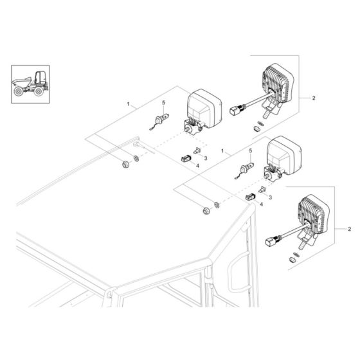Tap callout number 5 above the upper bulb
click(x=164, y=103)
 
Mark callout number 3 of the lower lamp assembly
click(x=269, y=197)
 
